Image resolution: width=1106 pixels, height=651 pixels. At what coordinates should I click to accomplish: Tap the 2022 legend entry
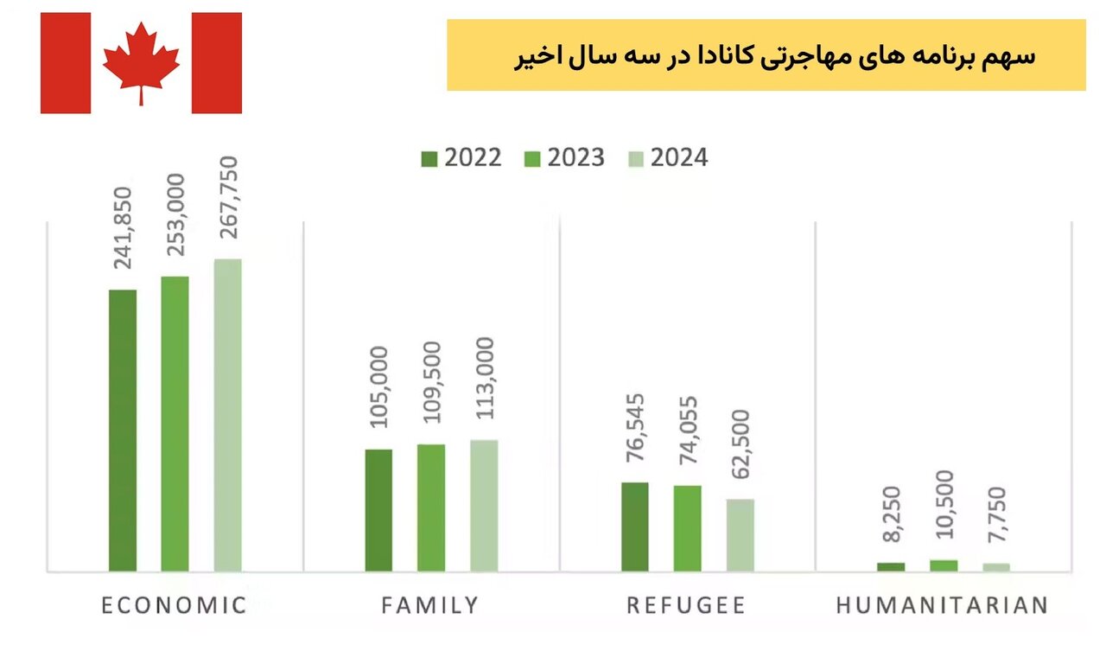461,158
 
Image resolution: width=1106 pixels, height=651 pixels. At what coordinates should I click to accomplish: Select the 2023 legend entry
564,158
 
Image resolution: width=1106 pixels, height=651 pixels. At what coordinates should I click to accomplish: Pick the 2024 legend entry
667,158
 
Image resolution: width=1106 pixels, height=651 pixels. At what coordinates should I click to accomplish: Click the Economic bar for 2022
123,430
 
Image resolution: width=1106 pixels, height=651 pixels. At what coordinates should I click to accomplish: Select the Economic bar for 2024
228,415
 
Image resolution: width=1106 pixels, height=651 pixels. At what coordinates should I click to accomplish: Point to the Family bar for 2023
431,507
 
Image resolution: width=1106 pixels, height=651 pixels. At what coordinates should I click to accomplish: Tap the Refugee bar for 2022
635,527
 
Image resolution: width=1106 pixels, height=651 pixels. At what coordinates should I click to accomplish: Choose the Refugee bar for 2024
741,534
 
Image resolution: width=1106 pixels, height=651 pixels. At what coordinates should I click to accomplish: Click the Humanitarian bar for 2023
944,565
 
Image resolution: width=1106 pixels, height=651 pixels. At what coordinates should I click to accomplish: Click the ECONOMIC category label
175,605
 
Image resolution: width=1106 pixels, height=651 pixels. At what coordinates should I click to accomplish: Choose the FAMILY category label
430,605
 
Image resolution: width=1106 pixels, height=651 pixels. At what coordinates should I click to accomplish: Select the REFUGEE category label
686,605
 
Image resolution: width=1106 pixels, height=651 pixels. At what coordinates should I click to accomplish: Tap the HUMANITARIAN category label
943,605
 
